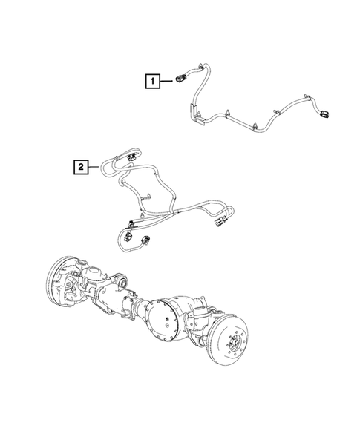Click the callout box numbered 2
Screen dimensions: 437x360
[79, 167]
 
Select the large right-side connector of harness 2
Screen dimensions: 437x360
[220, 220]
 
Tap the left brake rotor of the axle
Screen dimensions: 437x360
[60, 282]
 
